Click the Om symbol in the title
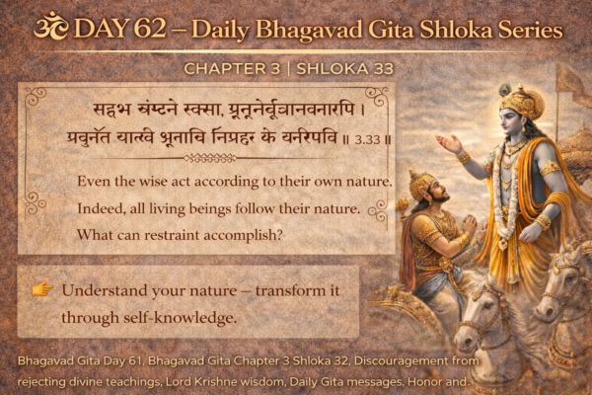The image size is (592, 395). click(46, 27)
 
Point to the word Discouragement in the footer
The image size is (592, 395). click(387, 360)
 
